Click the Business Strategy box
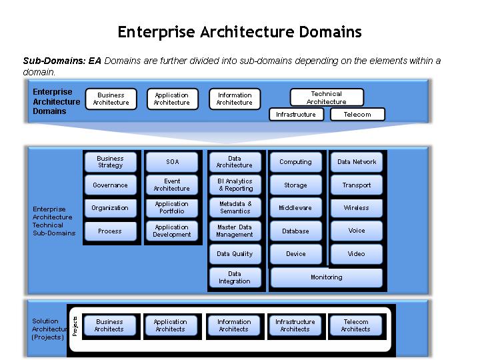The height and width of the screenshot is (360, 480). [x=110, y=162]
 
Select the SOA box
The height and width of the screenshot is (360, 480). [x=172, y=162]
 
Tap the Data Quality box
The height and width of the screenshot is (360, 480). [x=235, y=254]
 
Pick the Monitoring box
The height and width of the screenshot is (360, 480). [x=327, y=277]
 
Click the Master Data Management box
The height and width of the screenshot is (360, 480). [x=235, y=231]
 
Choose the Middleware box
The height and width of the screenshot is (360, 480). [x=295, y=208]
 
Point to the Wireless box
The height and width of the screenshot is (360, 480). [x=357, y=208]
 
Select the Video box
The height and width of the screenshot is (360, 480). [x=357, y=254]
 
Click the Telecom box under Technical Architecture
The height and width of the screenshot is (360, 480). [x=357, y=115]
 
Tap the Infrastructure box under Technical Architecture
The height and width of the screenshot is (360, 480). [x=296, y=115]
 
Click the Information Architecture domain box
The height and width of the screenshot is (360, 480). [x=235, y=99]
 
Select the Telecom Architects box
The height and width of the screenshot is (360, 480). [x=356, y=325]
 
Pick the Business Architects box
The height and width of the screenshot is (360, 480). [x=110, y=325]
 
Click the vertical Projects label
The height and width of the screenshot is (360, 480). [x=75, y=326]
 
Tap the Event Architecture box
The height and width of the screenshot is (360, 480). [x=172, y=185]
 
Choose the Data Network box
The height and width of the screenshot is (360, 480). [x=357, y=162]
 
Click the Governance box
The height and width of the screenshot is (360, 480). [x=110, y=185]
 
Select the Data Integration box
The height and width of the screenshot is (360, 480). [x=235, y=277]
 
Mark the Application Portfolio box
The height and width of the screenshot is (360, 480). [x=172, y=208]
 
